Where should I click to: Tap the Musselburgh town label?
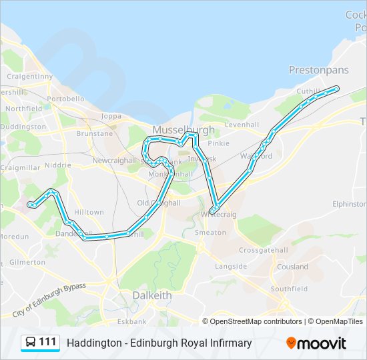click(183, 129)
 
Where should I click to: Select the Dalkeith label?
click(151, 295)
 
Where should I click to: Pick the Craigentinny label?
click(29, 76)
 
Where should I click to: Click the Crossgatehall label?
click(264, 250)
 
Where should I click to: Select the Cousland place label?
click(293, 267)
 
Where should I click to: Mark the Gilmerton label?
click(27, 263)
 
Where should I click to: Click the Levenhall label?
click(242, 125)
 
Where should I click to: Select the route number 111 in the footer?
click(47, 342)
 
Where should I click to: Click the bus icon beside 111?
click(31, 343)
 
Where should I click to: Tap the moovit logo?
click(316, 343)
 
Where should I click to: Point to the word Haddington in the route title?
click(91, 343)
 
